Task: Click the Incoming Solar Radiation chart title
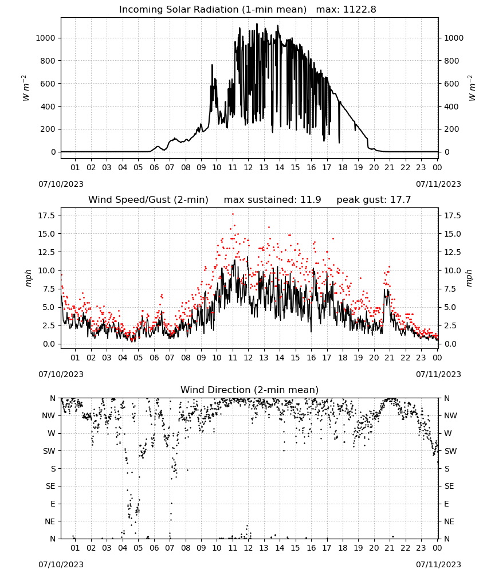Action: pyautogui.click(x=213, y=10)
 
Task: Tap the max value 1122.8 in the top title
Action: pyautogui.click(x=359, y=10)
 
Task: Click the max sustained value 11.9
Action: pyautogui.click(x=311, y=200)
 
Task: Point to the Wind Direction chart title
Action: pyautogui.click(x=250, y=390)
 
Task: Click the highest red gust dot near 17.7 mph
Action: pyautogui.click(x=233, y=214)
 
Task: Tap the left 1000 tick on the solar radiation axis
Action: pyautogui.click(x=46, y=38)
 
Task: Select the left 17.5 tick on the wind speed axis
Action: pyautogui.click(x=46, y=215)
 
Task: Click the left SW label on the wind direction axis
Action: pyautogui.click(x=49, y=451)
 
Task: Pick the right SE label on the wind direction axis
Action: pyautogui.click(x=449, y=486)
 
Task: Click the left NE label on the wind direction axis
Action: pyautogui.click(x=50, y=521)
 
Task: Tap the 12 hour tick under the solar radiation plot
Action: pyautogui.click(x=248, y=167)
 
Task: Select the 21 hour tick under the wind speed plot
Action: pyautogui.click(x=390, y=358)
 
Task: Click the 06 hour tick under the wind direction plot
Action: pyautogui.click(x=154, y=548)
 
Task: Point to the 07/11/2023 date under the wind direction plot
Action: pyautogui.click(x=438, y=564)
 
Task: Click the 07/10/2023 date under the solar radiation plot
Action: pyautogui.click(x=61, y=184)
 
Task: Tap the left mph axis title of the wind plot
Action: pyautogui.click(x=28, y=278)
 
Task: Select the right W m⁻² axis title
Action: pyautogui.click(x=472, y=88)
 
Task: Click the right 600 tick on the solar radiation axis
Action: pyautogui.click(x=451, y=84)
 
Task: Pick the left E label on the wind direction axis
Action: pyautogui.click(x=53, y=504)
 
